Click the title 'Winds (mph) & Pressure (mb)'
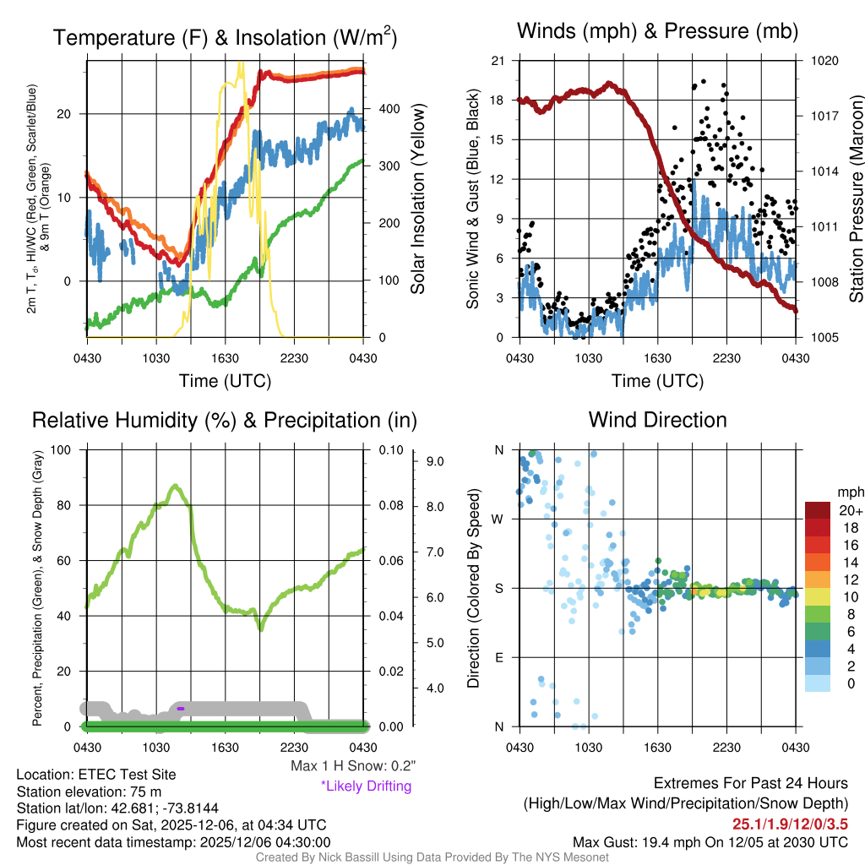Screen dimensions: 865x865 pyautogui.click(x=657, y=32)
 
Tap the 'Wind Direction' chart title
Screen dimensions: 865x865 pyautogui.click(x=657, y=420)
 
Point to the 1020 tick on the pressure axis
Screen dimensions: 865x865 pyautogui.click(x=823, y=61)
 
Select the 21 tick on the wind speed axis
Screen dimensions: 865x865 pyautogui.click(x=497, y=61)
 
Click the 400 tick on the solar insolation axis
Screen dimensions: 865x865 pyautogui.click(x=389, y=109)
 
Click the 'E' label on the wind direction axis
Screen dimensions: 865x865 pyautogui.click(x=498, y=657)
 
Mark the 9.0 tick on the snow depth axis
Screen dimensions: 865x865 pyautogui.click(x=435, y=461)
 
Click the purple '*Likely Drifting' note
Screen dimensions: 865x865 pyautogui.click(x=366, y=786)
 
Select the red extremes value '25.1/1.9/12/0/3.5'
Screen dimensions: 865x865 pyautogui.click(x=790, y=824)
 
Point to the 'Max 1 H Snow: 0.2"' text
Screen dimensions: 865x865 pyautogui.click(x=352, y=766)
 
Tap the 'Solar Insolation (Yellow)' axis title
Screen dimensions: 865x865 pyautogui.click(x=417, y=199)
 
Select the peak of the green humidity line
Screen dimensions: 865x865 pyautogui.click(x=175, y=486)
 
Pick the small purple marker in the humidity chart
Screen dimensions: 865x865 pyautogui.click(x=181, y=709)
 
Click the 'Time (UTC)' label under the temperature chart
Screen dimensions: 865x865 pyautogui.click(x=226, y=382)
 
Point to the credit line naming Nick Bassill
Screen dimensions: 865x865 pyautogui.click(x=432, y=857)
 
